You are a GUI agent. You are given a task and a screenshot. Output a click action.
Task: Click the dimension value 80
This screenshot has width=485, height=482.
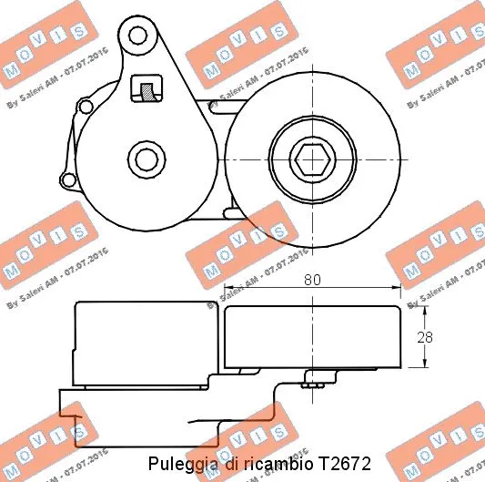312,282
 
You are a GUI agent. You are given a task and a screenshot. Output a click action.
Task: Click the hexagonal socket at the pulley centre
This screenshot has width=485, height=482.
312,159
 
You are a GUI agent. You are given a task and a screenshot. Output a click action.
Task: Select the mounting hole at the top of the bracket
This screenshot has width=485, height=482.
138,37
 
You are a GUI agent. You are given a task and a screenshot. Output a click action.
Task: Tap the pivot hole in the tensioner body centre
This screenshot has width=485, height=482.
144,159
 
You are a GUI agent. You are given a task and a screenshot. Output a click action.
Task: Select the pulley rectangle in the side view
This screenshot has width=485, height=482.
312,337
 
